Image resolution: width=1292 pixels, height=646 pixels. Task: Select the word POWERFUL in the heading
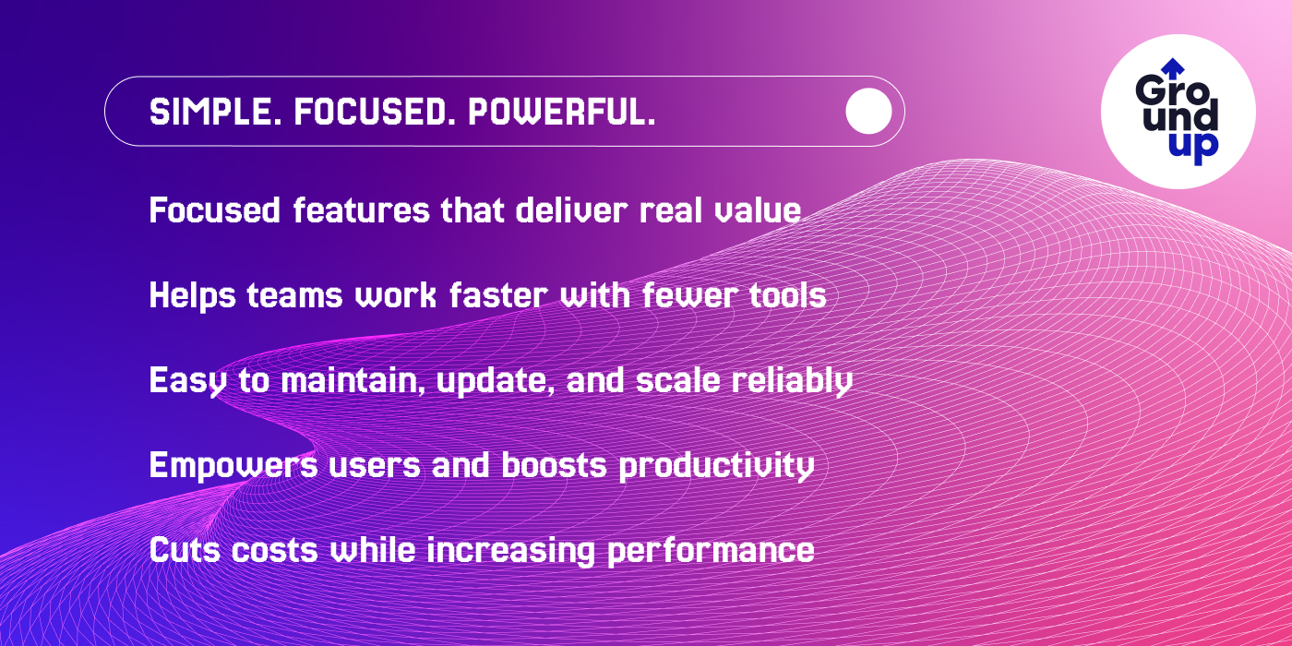pyautogui.click(x=562, y=112)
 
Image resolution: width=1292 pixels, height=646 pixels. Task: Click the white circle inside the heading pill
pyautogui.click(x=868, y=112)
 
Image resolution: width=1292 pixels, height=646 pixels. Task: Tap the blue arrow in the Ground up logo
pyautogui.click(x=1172, y=68)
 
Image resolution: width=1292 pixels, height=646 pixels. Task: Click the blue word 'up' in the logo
pyautogui.click(x=1194, y=149)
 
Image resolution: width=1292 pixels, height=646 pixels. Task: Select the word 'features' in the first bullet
pyautogui.click(x=361, y=209)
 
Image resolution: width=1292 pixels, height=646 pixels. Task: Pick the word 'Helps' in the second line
pyautogui.click(x=193, y=296)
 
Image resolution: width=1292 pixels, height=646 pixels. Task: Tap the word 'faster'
pyautogui.click(x=498, y=295)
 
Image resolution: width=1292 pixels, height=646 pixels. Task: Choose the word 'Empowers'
pyautogui.click(x=233, y=465)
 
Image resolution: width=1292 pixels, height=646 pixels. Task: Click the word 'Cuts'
pyautogui.click(x=185, y=550)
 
